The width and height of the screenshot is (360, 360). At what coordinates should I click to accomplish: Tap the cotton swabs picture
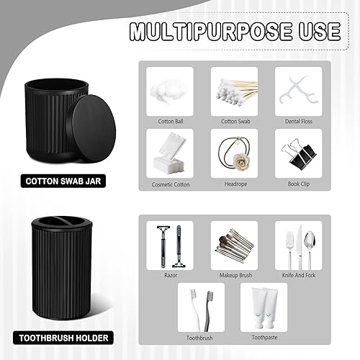tap(234, 91)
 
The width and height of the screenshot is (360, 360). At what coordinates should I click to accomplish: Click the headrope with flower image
tap(234, 152)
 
